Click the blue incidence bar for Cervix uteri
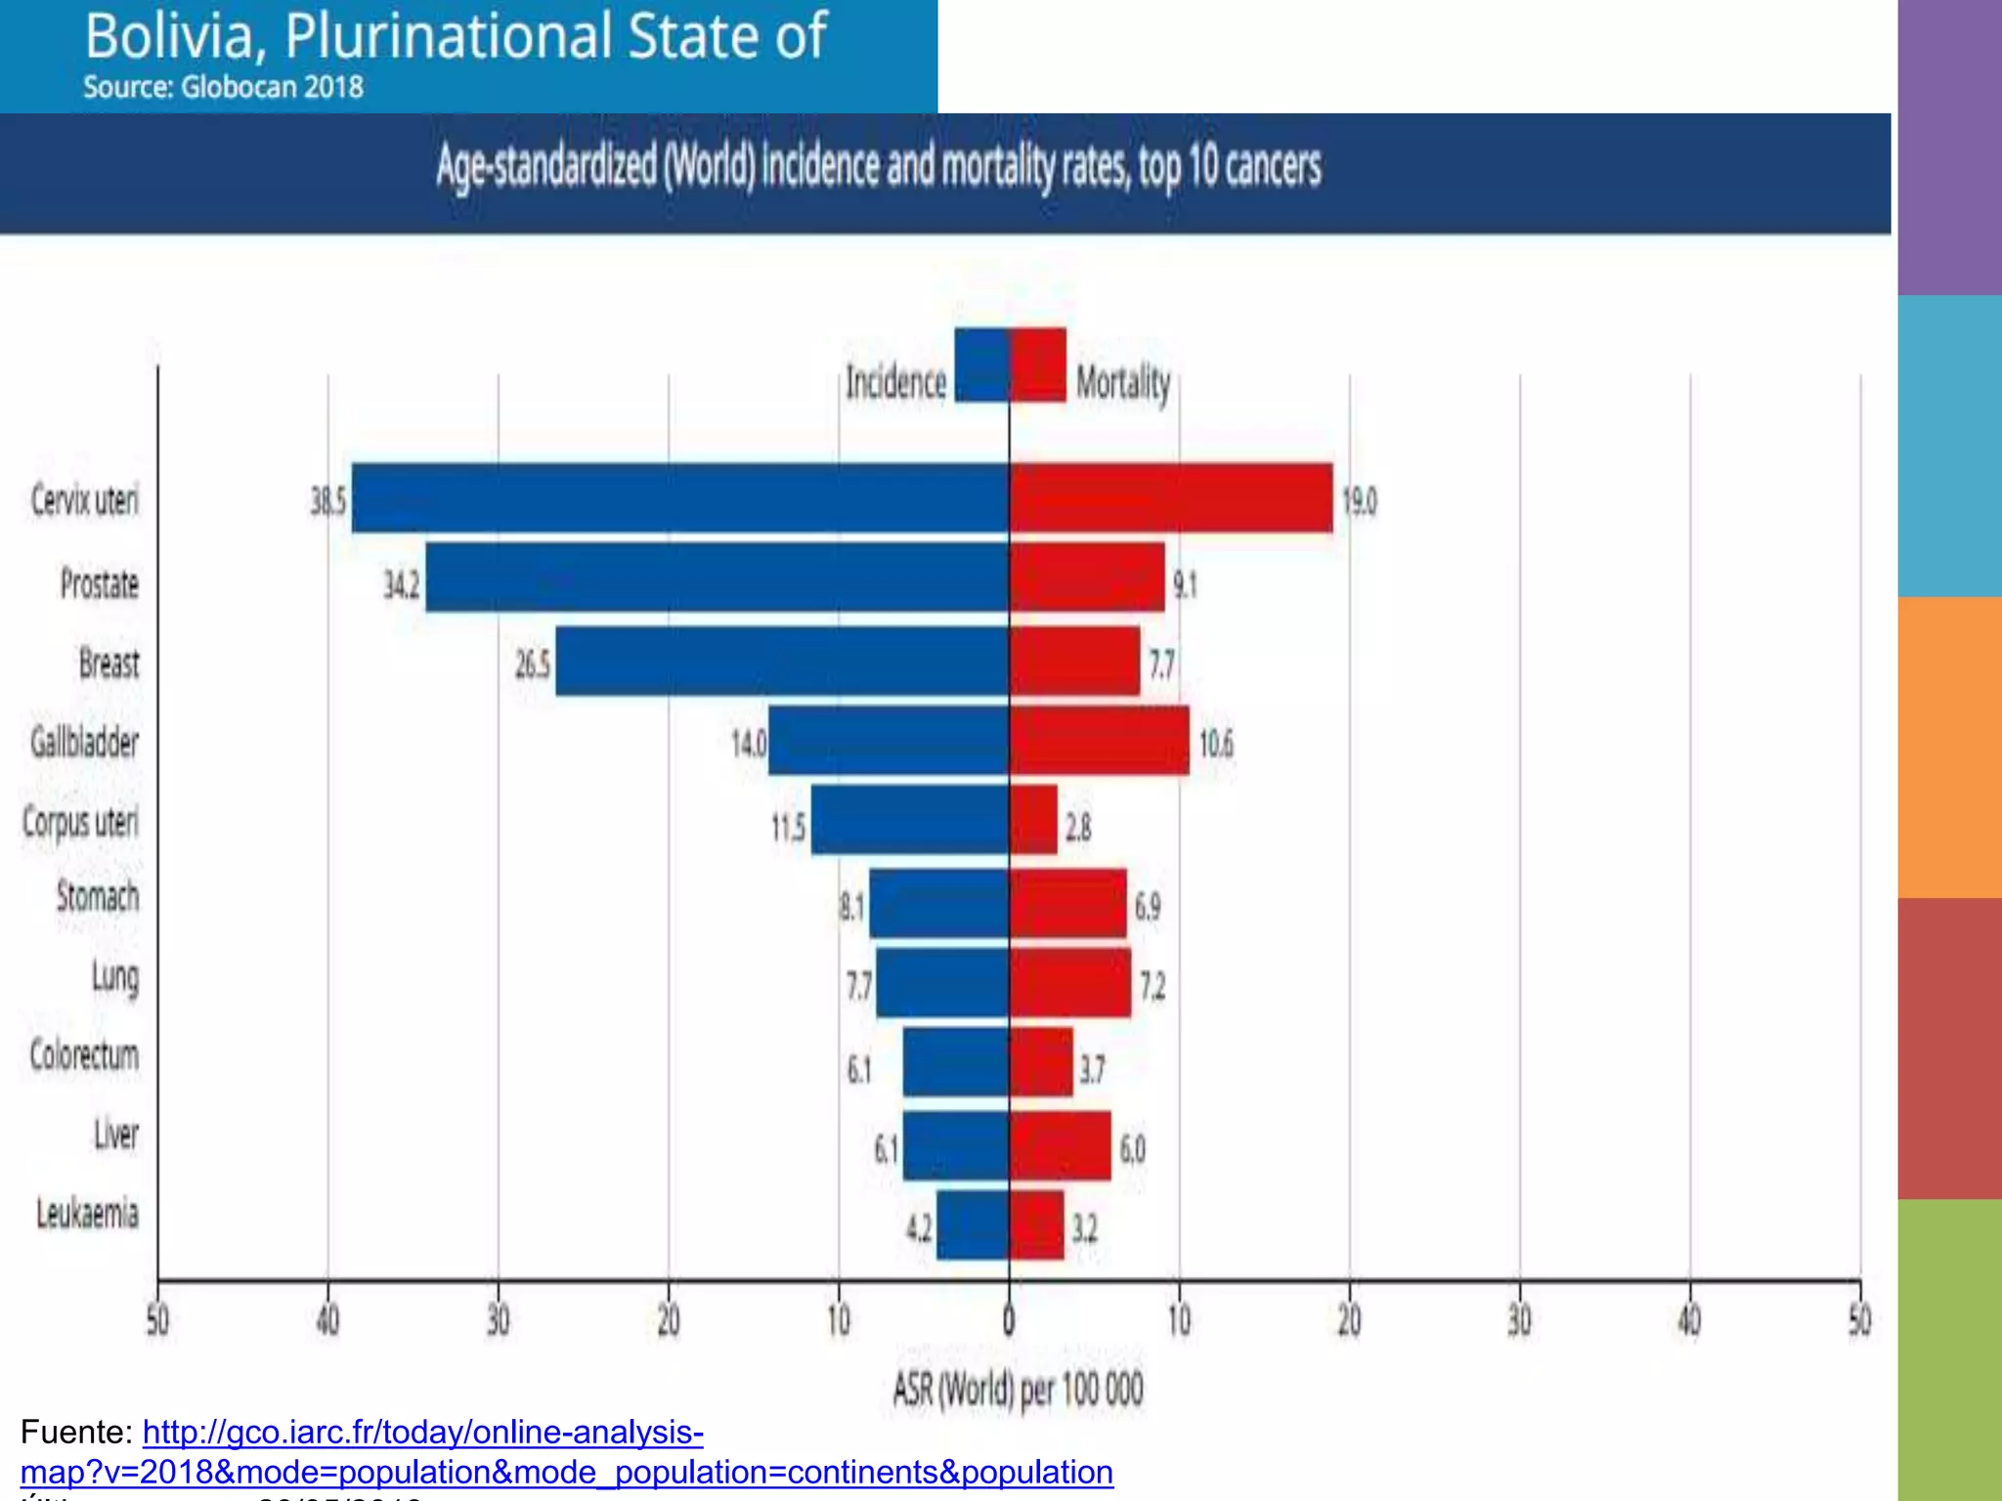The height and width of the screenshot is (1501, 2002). pyautogui.click(x=680, y=498)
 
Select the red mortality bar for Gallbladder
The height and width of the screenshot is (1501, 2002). pyautogui.click(x=1100, y=741)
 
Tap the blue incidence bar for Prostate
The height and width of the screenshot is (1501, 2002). pyautogui.click(x=717, y=578)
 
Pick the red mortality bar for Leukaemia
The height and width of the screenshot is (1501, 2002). pyautogui.click(x=1037, y=1224)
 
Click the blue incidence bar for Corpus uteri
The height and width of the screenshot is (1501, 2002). pyautogui.click(x=910, y=820)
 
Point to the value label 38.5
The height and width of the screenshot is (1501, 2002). pyautogui.click(x=328, y=501)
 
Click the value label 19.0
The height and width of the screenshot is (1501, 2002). pyautogui.click(x=1360, y=501)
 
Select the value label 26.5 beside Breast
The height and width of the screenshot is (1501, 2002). pyautogui.click(x=533, y=665)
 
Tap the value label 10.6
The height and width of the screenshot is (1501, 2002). pyautogui.click(x=1216, y=745)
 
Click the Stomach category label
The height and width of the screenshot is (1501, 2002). pyautogui.click(x=98, y=896)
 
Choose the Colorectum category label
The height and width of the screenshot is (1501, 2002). pyautogui.click(x=84, y=1055)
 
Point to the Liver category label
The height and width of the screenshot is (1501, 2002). pyautogui.click(x=116, y=1135)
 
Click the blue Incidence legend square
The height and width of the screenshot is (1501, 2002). pyautogui.click(x=981, y=365)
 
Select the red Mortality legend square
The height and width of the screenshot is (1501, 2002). pyautogui.click(x=1039, y=365)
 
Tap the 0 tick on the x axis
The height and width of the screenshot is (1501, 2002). pyautogui.click(x=1009, y=1321)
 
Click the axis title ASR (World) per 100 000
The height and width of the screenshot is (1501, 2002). pyautogui.click(x=1018, y=1389)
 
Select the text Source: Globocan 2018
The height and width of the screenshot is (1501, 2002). pyautogui.click(x=223, y=87)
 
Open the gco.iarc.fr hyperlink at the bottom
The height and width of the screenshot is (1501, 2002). pyautogui.click(x=422, y=1433)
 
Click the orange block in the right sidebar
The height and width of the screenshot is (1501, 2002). pyautogui.click(x=1949, y=747)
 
